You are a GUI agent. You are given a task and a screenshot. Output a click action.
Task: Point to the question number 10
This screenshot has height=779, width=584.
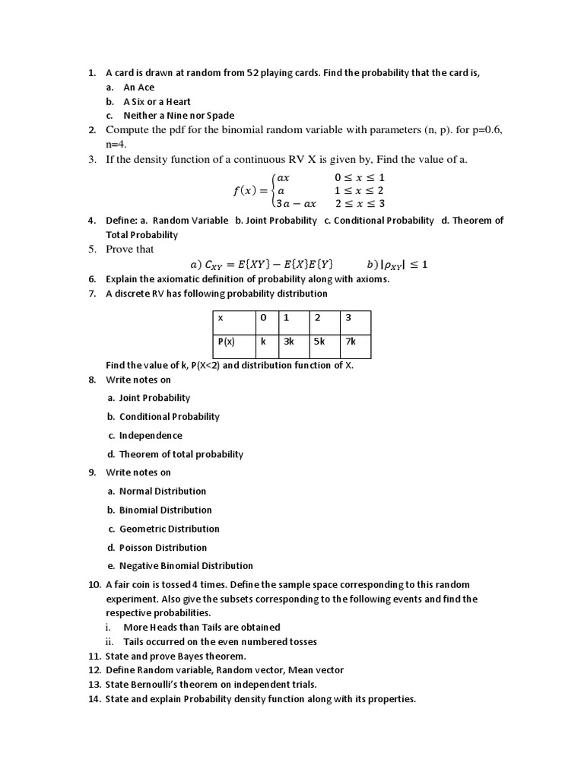[94, 585]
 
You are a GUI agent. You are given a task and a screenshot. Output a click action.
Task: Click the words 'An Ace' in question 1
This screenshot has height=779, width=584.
[138, 87]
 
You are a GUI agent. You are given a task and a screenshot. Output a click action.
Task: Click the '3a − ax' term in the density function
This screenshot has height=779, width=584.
[296, 204]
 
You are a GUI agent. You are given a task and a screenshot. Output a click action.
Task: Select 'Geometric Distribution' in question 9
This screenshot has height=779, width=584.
[169, 529]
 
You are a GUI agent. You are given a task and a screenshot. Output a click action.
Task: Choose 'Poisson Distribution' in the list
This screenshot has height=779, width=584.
[163, 548]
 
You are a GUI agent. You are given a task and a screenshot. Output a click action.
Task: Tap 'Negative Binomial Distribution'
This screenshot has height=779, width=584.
[186, 566]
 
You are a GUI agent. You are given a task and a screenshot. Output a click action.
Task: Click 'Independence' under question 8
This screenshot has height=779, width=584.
[151, 436]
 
